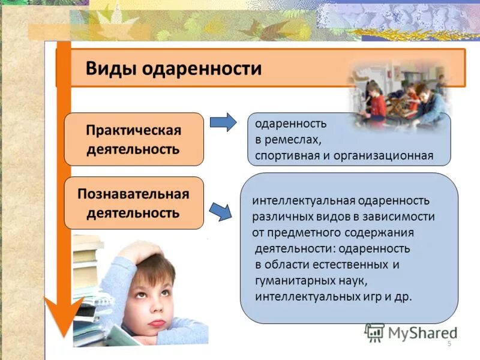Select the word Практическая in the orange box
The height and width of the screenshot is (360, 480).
tap(133, 130)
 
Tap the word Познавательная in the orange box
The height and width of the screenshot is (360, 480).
tap(133, 194)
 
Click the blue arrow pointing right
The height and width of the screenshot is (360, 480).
tap(223, 122)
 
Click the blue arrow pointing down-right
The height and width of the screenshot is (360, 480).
tap(221, 211)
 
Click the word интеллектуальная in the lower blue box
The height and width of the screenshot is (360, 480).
tap(296, 200)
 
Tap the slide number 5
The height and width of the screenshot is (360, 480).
tap(449, 343)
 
